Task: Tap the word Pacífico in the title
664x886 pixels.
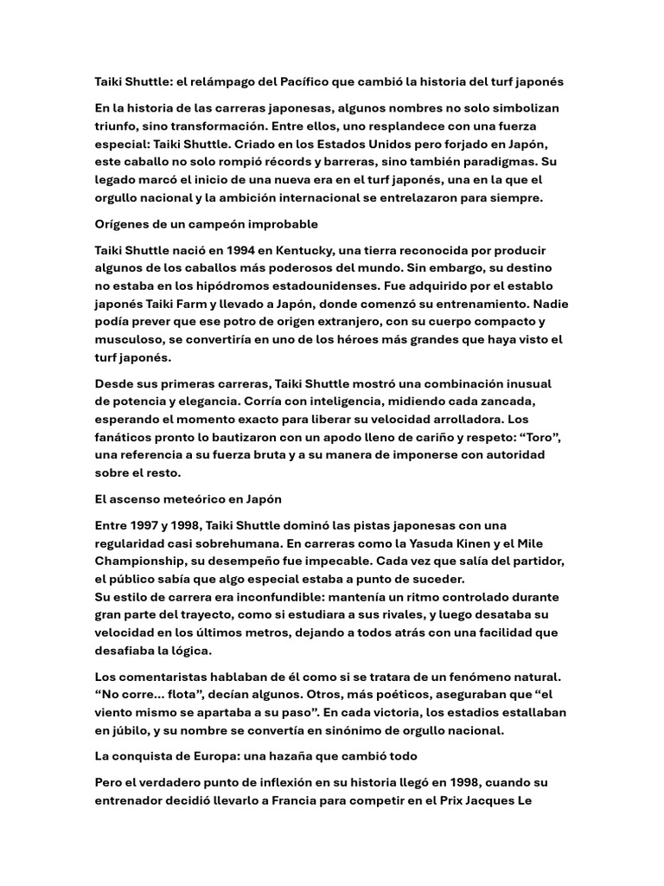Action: (310, 81)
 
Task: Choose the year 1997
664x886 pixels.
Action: (150, 526)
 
